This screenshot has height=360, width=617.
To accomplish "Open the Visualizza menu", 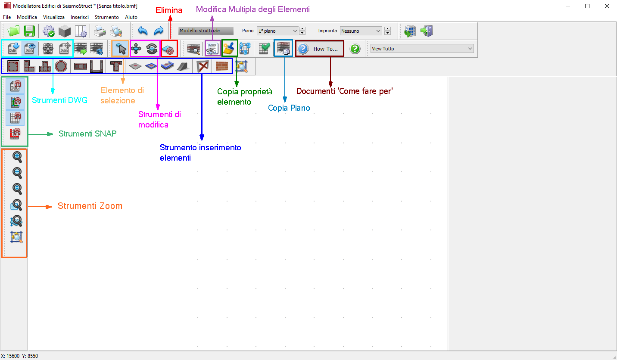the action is [x=54, y=17].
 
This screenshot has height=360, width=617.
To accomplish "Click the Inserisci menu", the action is [x=80, y=17].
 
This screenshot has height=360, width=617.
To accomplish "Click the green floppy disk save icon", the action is [x=29, y=31].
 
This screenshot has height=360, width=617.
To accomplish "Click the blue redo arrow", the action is [x=159, y=31].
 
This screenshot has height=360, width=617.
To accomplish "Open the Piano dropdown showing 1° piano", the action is [x=277, y=31].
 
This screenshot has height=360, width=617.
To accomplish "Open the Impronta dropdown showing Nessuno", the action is [x=361, y=31].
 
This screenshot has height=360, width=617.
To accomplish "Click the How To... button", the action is [x=320, y=49].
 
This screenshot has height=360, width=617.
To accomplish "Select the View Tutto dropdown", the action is [x=422, y=49].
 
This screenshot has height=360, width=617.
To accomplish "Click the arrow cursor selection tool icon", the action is [x=121, y=49].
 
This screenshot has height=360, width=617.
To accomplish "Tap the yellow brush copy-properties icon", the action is [x=229, y=48].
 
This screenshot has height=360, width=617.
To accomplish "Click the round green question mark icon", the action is [x=355, y=49].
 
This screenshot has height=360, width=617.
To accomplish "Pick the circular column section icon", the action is [x=61, y=66].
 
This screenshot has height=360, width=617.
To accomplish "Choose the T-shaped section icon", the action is [x=115, y=66].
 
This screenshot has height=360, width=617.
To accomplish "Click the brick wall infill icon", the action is [x=222, y=66].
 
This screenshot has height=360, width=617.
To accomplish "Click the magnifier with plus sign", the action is [x=17, y=157].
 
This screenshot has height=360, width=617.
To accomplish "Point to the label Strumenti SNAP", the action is [x=87, y=134].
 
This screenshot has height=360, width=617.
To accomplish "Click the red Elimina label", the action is [x=169, y=10].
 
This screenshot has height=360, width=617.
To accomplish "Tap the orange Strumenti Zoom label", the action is [x=90, y=206].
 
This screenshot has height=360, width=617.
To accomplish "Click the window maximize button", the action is [x=587, y=6].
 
